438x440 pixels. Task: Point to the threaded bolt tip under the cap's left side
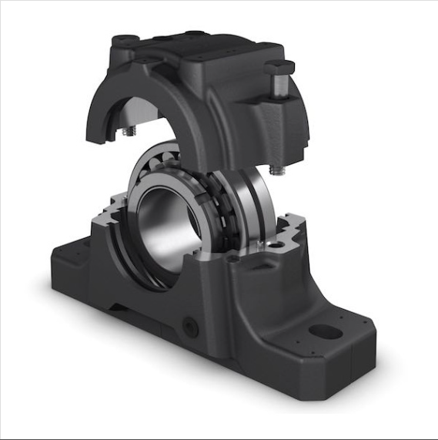pos(127,135)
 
